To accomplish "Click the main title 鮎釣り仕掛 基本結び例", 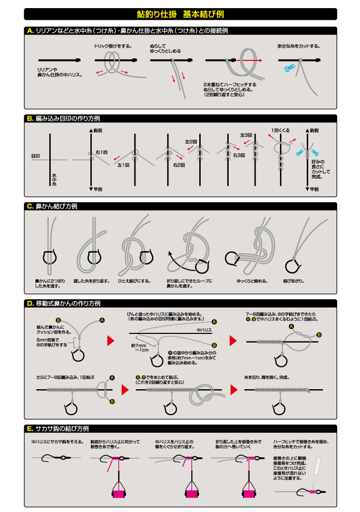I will pyautogui.click(x=180, y=14).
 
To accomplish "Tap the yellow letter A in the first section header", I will pyautogui.click(x=30, y=31).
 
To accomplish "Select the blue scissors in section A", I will pyautogui.click(x=289, y=69).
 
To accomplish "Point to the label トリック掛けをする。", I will pyautogui.click(x=113, y=46).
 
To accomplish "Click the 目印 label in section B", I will pyautogui.click(x=35, y=156).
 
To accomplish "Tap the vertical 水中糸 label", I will pyautogui.click(x=54, y=178).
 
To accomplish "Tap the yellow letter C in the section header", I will pyautogui.click(x=30, y=207).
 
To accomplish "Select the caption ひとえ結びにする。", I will pyautogui.click(x=134, y=281).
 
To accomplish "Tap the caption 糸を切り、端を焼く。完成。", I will pyautogui.click(x=266, y=378).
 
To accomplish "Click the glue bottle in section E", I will pyautogui.click(x=316, y=469).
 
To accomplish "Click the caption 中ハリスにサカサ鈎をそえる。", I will pyautogui.click(x=57, y=442).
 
